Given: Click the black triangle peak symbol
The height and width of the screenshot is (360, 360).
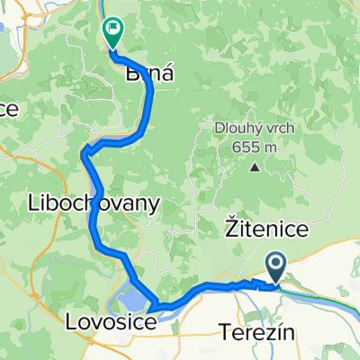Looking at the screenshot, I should coord(255,167).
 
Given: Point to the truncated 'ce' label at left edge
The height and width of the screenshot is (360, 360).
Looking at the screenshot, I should coord(9,107).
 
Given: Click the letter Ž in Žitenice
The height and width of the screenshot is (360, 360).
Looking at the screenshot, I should coord(228,233).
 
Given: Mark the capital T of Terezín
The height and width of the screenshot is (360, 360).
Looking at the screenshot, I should coord(225,333).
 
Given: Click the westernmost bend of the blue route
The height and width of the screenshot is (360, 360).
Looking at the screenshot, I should coord(83,154).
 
